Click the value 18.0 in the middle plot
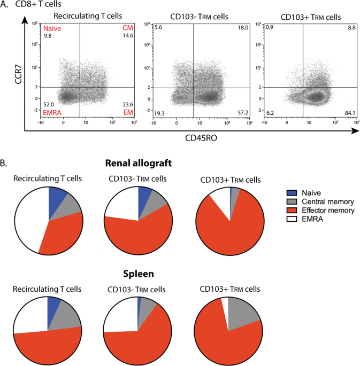click(240, 27)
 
